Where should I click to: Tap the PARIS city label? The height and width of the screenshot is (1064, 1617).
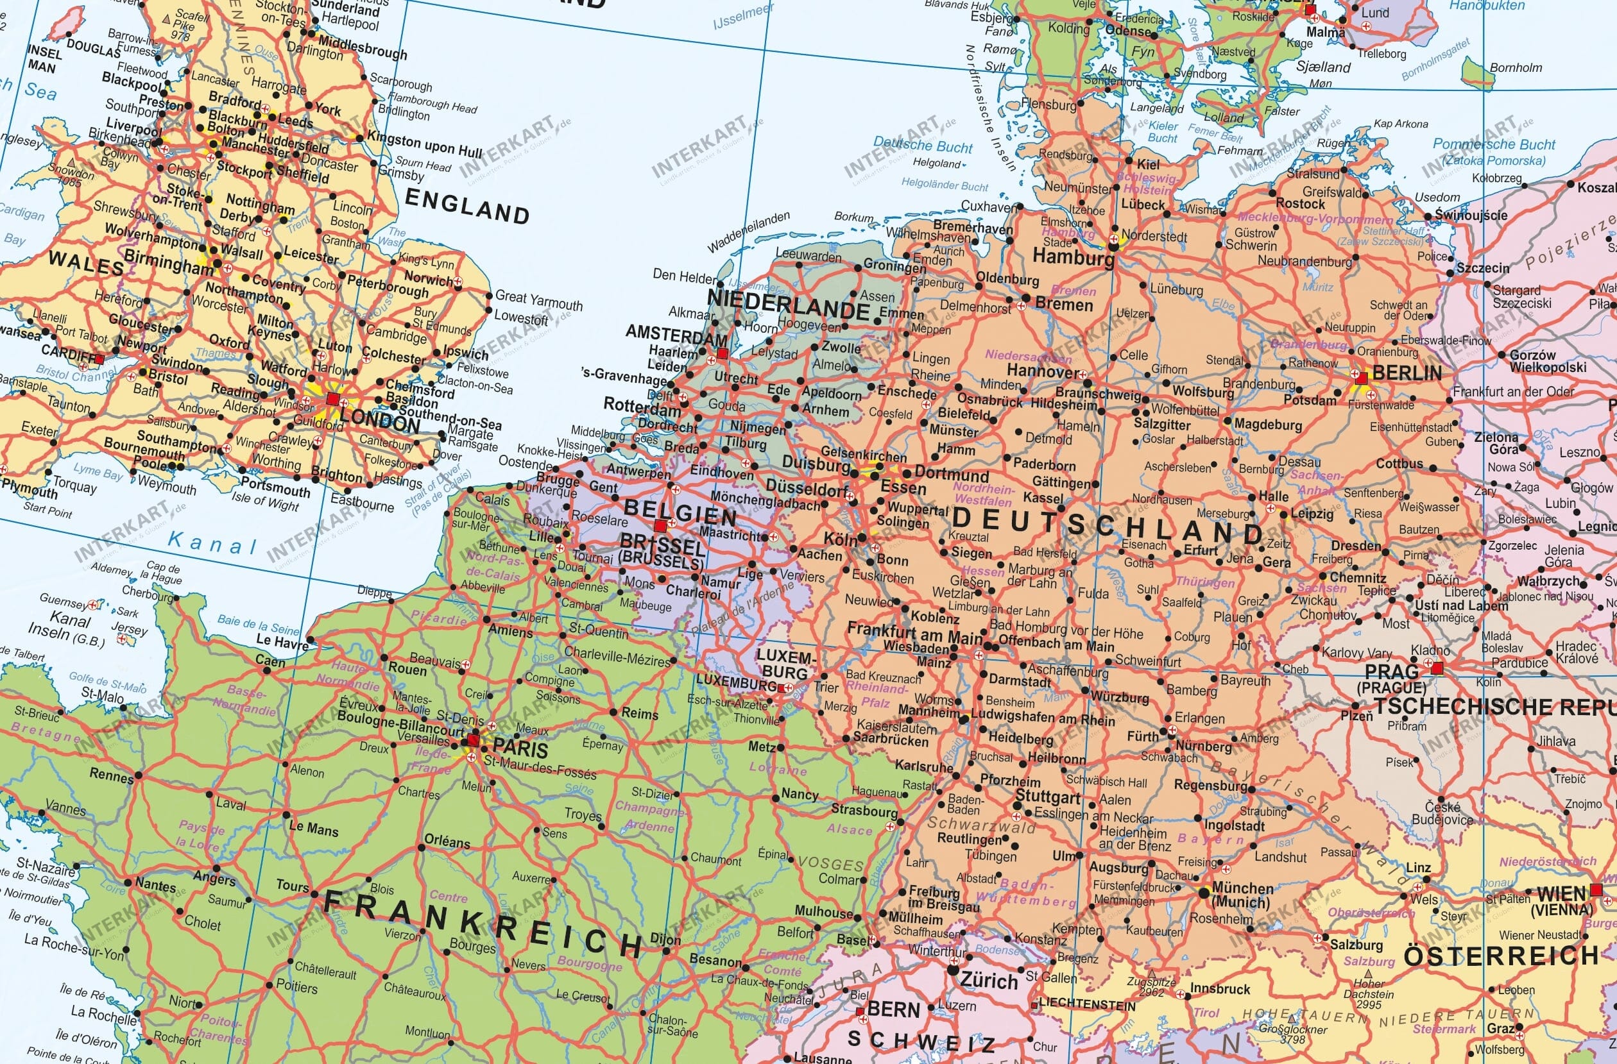coord(520,749)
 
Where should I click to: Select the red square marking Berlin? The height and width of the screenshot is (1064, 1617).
coord(1361,378)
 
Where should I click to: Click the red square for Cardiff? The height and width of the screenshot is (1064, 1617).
coord(101,358)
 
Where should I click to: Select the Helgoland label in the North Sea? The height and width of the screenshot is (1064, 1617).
coord(937,163)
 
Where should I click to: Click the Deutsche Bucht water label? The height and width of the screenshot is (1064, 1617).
coord(923,145)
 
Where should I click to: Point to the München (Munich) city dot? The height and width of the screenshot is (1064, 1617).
coord(1202,892)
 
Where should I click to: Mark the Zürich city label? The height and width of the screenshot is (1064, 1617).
coord(989,981)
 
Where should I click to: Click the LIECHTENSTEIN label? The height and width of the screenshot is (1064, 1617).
coord(1087,1004)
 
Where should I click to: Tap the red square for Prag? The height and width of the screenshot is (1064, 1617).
coord(1436,669)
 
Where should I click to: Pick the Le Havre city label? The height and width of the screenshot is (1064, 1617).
coord(282,639)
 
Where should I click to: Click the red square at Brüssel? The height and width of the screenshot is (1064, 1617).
coord(660,525)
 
